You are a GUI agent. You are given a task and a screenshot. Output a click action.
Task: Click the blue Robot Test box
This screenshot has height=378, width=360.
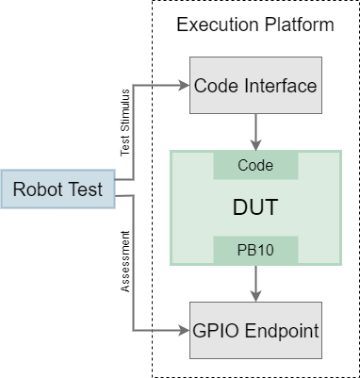(57, 190)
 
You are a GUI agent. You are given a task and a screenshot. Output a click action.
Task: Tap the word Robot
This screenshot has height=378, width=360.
(39, 190)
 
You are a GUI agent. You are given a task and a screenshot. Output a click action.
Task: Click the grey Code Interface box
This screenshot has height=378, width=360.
(255, 86)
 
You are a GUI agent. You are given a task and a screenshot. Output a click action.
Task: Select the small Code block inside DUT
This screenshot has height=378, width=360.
(255, 165)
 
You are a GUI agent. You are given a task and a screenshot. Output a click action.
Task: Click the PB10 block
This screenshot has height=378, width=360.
(255, 250)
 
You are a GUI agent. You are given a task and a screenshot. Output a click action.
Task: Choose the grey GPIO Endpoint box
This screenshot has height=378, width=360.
(255, 331)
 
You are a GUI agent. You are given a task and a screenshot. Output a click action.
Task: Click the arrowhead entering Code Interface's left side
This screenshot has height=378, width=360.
(184, 86)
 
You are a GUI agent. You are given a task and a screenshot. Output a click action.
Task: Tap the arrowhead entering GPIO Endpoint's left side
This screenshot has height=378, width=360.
(184, 331)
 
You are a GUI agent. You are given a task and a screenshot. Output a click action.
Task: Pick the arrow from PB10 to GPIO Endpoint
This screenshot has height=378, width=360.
(255, 280)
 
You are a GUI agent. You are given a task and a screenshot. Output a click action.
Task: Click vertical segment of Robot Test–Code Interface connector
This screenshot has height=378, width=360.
(134, 132)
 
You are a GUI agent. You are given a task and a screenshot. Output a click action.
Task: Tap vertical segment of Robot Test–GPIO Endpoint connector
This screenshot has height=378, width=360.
(134, 264)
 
